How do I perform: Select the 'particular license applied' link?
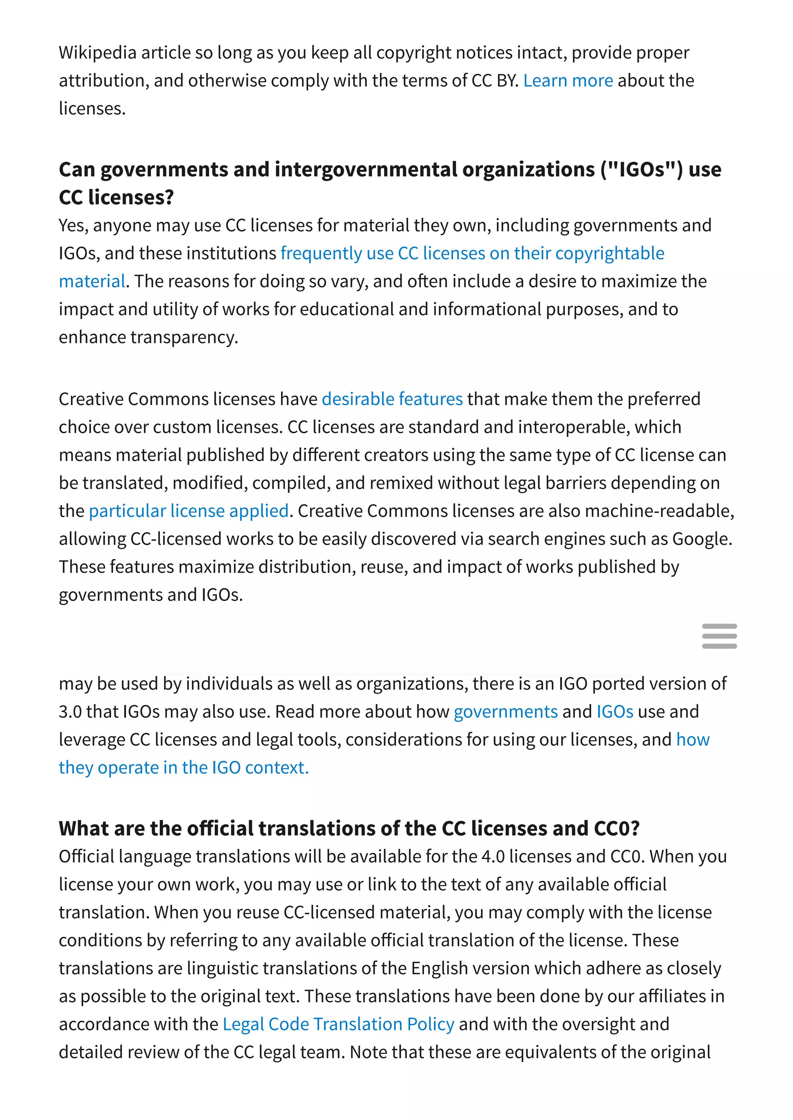point(189,511)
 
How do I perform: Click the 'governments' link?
point(505,712)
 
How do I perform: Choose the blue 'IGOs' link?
point(615,712)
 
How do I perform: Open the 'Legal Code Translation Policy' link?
point(338,1024)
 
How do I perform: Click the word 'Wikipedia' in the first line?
point(98,53)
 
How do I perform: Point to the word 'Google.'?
point(702,539)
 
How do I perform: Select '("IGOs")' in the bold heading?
point(641,170)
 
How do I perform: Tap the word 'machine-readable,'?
point(659,511)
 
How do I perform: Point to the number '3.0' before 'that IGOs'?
point(70,712)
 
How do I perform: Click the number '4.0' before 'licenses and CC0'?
point(493,856)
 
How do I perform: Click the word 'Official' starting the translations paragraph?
point(86,856)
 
